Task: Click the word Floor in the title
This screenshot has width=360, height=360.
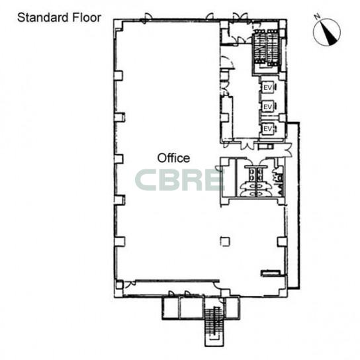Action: (x=87, y=18)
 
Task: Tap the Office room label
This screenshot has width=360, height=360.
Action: (x=173, y=158)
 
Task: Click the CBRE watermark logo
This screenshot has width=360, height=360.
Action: (x=180, y=180)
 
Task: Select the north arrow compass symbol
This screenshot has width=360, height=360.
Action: (x=327, y=32)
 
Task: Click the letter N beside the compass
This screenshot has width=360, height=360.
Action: (x=318, y=17)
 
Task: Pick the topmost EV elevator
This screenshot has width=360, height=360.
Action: (x=268, y=87)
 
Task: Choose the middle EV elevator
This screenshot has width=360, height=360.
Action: (x=268, y=107)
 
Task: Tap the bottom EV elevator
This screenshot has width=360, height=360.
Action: (x=268, y=128)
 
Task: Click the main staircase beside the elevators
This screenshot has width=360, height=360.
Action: (x=266, y=49)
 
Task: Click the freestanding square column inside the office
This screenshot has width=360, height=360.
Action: (x=225, y=242)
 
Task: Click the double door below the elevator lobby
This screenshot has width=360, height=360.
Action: (x=247, y=146)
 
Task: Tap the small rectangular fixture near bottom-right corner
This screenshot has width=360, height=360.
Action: (x=271, y=273)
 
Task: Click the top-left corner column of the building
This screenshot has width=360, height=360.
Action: (x=118, y=26)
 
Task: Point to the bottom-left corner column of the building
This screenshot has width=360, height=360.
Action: (x=119, y=286)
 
